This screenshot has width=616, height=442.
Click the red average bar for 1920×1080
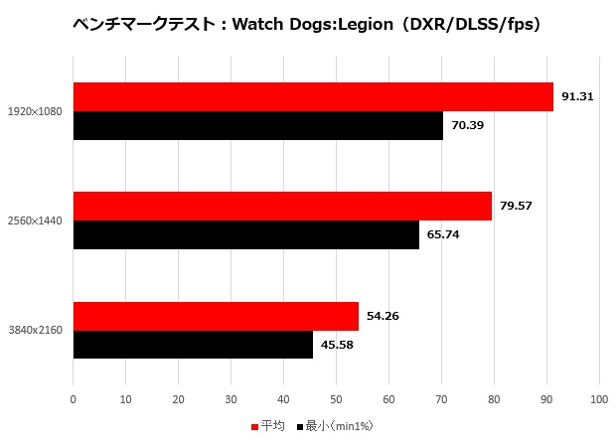click(313, 96)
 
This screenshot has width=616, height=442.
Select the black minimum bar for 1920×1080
click(258, 125)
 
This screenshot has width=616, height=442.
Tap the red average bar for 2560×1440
click(282, 207)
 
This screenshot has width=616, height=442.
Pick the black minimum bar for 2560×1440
click(246, 235)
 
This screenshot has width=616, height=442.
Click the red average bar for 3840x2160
click(216, 316)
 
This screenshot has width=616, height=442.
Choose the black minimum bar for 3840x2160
click(193, 345)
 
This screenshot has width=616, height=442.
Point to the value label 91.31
click(577, 96)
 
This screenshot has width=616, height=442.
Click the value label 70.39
click(467, 126)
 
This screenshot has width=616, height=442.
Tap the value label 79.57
click(516, 207)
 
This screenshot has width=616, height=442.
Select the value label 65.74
click(443, 235)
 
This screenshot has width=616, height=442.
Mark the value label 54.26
click(383, 316)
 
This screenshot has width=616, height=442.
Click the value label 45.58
click(337, 346)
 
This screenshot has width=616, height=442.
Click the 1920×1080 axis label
click(34, 111)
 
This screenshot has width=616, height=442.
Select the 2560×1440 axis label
click(34, 221)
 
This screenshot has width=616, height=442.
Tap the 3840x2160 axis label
click(34, 331)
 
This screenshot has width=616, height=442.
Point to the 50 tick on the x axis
click(336, 399)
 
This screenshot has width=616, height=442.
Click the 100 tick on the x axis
click(598, 399)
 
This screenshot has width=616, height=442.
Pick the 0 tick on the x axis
click(74, 399)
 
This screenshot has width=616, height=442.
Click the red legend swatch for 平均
click(254, 426)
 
